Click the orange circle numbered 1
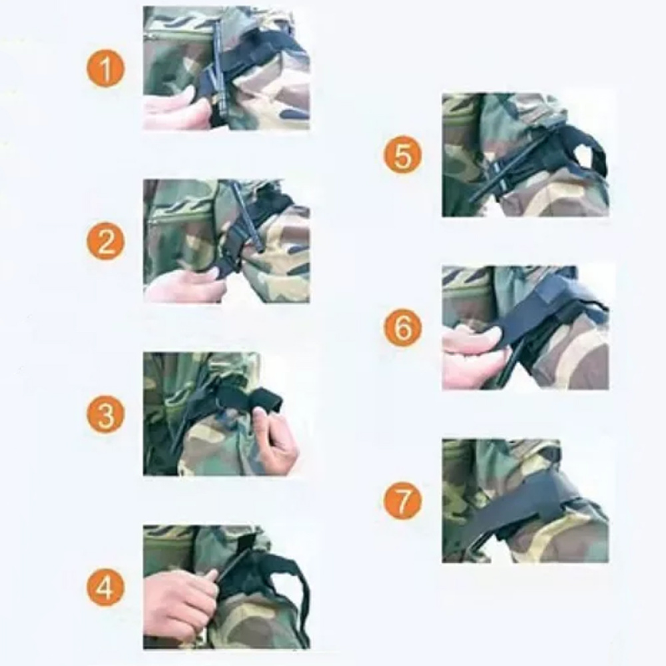106,69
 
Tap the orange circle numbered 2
106,242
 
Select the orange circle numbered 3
106,414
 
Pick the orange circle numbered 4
106,587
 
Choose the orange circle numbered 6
404,328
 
